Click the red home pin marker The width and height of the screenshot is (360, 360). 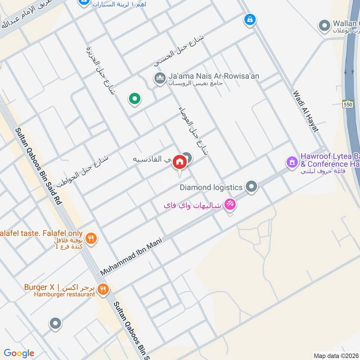[180, 162]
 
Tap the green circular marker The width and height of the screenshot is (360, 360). [134, 99]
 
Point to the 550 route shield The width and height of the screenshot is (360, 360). [348, 103]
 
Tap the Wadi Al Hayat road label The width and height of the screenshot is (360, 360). [306, 111]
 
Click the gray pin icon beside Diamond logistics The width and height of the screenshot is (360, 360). [252, 186]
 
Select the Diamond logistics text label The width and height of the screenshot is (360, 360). [211, 187]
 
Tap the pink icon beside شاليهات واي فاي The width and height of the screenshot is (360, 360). [230, 204]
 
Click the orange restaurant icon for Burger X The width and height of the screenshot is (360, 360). [103, 289]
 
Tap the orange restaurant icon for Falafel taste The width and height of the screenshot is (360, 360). [91, 238]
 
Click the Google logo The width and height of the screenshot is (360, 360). [19, 353]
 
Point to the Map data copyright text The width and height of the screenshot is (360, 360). [336, 355]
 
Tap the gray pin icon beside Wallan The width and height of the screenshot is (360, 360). [324, 26]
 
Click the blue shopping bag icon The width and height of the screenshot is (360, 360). [249, 19]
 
